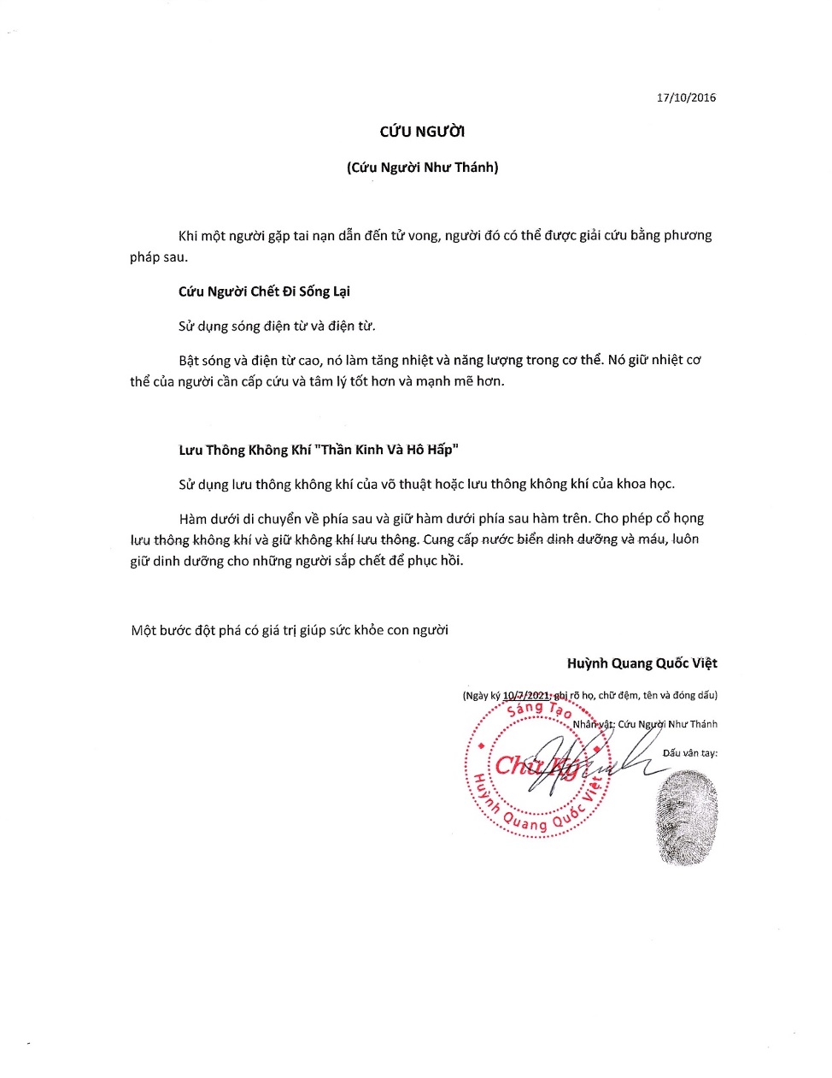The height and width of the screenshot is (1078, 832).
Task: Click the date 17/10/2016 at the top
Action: coord(686,97)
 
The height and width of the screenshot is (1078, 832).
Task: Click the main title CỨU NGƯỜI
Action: coord(422,132)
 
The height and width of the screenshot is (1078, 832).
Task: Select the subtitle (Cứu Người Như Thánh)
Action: coord(422,168)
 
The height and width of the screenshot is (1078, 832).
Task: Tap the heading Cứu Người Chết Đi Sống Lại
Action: coord(264,292)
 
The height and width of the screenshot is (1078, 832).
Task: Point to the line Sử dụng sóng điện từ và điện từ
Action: coord(277,326)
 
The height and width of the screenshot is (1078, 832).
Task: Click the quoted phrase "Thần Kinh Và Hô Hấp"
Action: coord(390,450)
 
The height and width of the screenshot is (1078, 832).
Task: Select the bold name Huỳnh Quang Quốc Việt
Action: coord(642,663)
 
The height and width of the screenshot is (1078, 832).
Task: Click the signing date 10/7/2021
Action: coord(526,695)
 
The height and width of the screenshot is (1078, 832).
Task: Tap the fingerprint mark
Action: coord(686,816)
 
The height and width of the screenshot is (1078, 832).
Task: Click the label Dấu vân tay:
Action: coord(689,753)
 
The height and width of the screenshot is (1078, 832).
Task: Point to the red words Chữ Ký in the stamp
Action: coord(536,765)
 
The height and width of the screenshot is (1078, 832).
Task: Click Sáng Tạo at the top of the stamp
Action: coord(538,710)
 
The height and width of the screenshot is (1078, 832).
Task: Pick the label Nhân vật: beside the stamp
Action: coord(593,724)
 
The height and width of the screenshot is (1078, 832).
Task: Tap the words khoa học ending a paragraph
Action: coord(645,484)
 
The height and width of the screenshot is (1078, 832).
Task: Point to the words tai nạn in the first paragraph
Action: coord(313,236)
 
